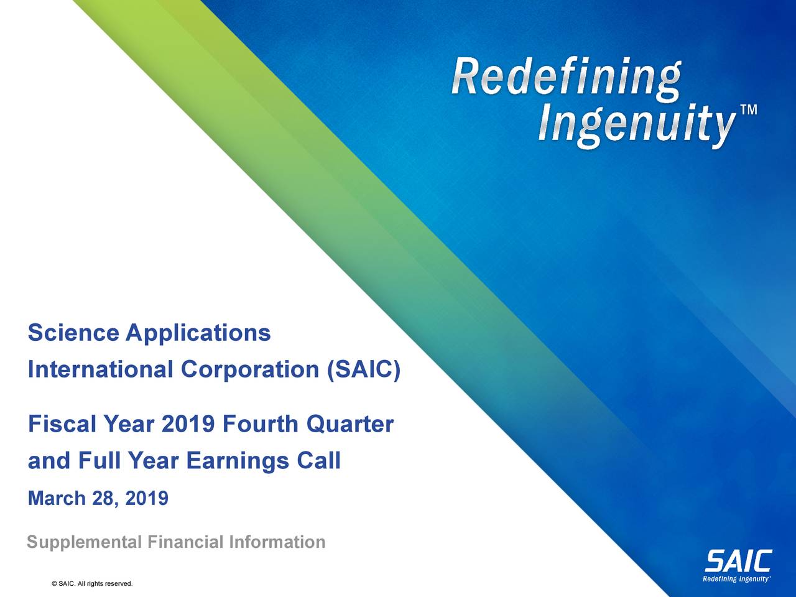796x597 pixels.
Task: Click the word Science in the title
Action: (x=73, y=333)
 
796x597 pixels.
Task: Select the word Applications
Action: (x=198, y=335)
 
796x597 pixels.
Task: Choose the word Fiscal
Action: (x=61, y=425)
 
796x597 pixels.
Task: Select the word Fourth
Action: (x=260, y=425)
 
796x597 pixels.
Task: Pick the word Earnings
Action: (x=238, y=462)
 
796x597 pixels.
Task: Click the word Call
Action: (x=318, y=461)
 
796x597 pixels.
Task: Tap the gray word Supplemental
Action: (x=85, y=543)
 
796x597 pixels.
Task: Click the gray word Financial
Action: (x=186, y=542)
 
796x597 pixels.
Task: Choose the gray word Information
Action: (x=277, y=542)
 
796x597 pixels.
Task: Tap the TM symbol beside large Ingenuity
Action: (x=748, y=111)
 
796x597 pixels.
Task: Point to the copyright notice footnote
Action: (x=93, y=583)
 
